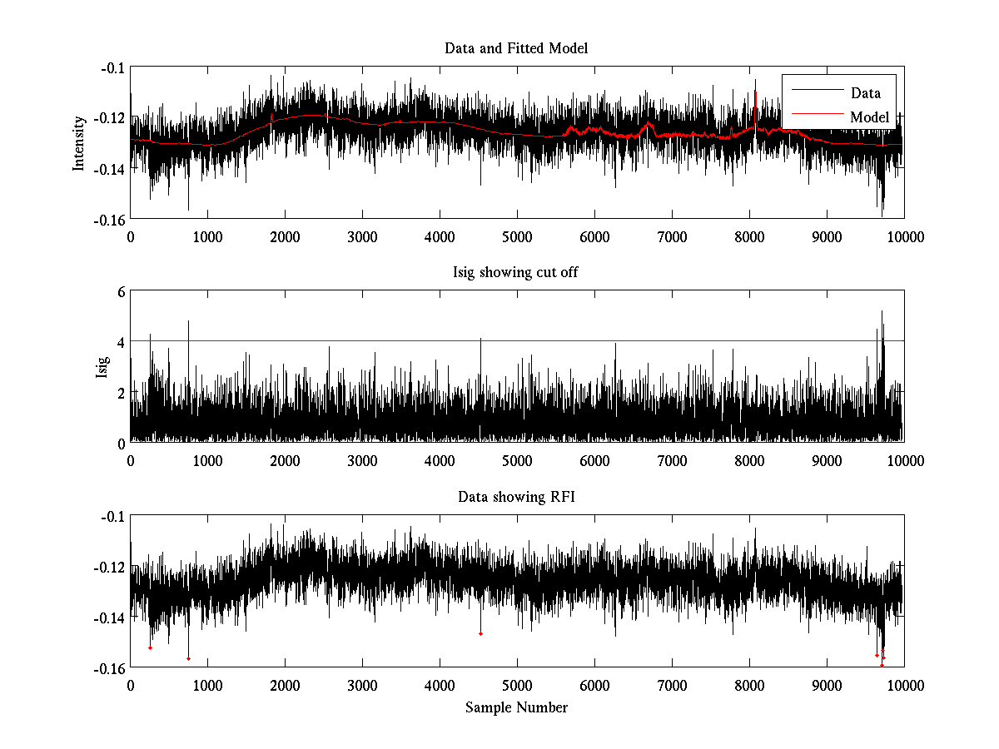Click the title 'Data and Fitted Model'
click(x=516, y=48)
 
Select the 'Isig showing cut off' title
click(x=516, y=273)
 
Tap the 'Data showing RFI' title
click(x=516, y=498)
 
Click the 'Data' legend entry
click(x=865, y=93)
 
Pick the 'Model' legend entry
click(x=869, y=117)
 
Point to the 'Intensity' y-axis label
click(x=79, y=143)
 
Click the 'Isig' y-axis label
click(x=102, y=367)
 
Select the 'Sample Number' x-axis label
click(x=516, y=707)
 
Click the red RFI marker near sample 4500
click(x=480, y=634)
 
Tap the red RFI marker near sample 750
click(x=188, y=658)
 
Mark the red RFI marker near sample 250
click(x=150, y=647)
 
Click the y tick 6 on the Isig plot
click(x=121, y=291)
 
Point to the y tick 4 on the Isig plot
click(x=121, y=342)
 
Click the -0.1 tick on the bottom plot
click(x=112, y=517)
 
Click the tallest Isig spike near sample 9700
click(x=882, y=313)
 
